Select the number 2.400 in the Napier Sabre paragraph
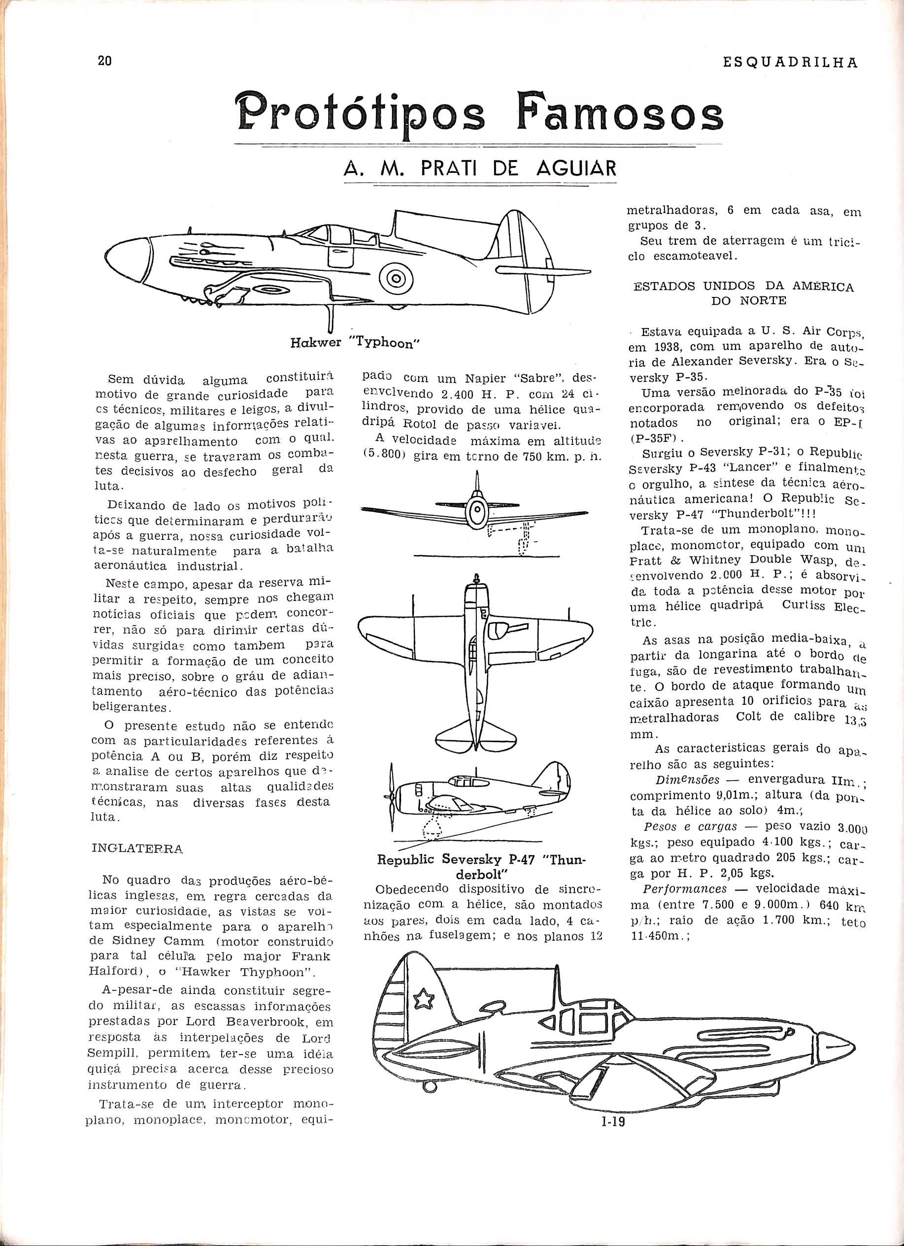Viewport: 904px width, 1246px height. pos(461,395)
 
